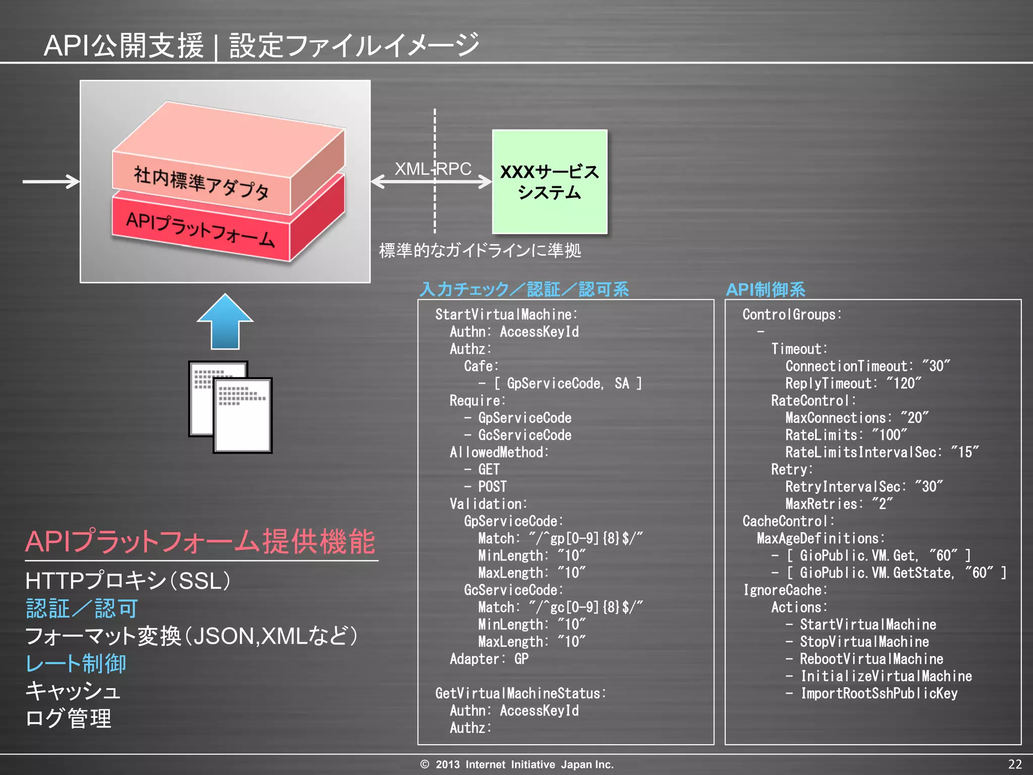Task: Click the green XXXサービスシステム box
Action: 549,182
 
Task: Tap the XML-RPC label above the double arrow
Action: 433,169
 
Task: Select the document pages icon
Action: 231,407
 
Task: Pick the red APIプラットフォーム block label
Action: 200,230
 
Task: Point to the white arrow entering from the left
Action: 50,181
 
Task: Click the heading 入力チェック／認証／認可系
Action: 525,289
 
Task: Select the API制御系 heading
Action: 765,289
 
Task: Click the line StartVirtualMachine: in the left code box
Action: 506,314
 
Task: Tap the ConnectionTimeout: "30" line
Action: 868,366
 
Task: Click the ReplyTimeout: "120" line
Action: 853,383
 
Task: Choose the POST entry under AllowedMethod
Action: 492,487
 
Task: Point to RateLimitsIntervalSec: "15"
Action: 882,452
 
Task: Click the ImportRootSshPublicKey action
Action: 879,693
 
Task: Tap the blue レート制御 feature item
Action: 76,663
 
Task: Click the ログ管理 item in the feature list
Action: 68,718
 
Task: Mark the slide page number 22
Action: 1015,764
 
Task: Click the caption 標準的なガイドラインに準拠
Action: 480,250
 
